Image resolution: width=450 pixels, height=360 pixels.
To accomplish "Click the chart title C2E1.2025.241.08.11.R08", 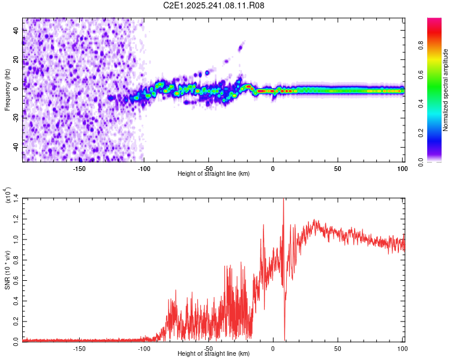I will [214, 5].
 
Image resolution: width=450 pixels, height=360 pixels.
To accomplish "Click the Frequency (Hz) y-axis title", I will [7, 90].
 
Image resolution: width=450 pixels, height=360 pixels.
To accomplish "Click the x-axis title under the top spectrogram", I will [214, 173].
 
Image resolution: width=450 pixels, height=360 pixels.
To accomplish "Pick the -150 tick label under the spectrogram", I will [79, 167].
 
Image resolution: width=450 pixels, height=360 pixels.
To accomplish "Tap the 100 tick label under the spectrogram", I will [402, 167].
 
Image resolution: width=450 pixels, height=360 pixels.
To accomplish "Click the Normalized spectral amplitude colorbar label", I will [446, 90].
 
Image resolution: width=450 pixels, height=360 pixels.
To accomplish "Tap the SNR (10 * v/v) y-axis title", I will [7, 270].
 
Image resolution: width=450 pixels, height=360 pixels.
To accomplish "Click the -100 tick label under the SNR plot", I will [144, 348].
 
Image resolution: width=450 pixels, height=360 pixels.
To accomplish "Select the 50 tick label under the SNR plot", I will [338, 348].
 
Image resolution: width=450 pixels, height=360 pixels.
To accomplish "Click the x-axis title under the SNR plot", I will [214, 354].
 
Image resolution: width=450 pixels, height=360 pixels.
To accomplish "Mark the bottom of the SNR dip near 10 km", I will [284, 340].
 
